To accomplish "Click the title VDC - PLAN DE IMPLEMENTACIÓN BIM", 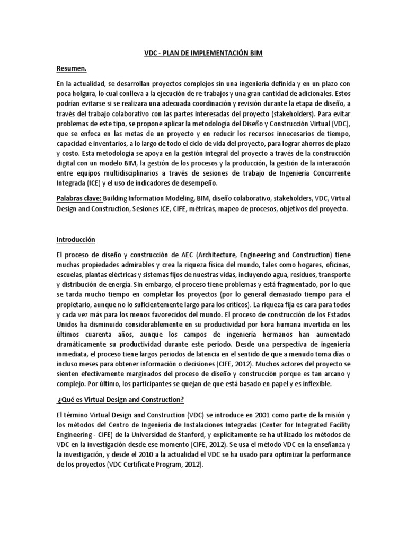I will (203, 55).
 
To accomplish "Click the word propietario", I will (76, 304).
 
